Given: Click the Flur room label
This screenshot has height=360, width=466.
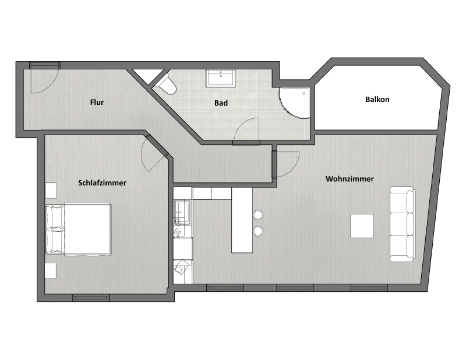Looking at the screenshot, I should pyautogui.click(x=97, y=103).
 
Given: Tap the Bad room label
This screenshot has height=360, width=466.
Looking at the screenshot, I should pyautogui.click(x=221, y=103).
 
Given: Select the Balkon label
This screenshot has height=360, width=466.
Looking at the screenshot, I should pyautogui.click(x=377, y=100).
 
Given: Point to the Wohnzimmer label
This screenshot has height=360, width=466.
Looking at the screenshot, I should pyautogui.click(x=349, y=179).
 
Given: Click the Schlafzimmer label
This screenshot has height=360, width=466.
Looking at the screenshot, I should pyautogui.click(x=102, y=183).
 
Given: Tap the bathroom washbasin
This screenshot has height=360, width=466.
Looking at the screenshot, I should pyautogui.click(x=221, y=77).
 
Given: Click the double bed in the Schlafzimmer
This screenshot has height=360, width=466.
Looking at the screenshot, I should pyautogui.click(x=79, y=228).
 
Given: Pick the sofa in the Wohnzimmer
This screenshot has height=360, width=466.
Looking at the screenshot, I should pyautogui.click(x=402, y=224).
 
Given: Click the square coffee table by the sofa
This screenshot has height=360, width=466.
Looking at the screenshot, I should pyautogui.click(x=362, y=226).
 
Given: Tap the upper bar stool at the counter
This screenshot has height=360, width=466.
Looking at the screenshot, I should pyautogui.click(x=257, y=216).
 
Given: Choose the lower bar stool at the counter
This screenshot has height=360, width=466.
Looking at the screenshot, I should pyautogui.click(x=257, y=231).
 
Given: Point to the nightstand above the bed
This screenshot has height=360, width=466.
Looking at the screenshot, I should pyautogui.click(x=51, y=190).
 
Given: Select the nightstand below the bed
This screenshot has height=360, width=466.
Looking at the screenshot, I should pyautogui.click(x=51, y=270).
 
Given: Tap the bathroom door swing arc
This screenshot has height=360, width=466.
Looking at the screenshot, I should pyautogui.click(x=248, y=129).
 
